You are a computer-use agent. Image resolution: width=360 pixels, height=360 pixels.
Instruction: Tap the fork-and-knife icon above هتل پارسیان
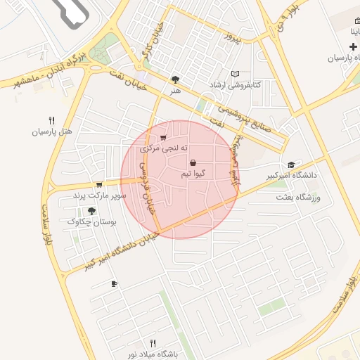click(x=51, y=120)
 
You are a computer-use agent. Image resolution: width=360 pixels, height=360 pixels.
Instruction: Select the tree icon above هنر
click(x=175, y=79)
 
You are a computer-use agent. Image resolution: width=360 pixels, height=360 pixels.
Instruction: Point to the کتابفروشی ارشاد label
click(x=235, y=84)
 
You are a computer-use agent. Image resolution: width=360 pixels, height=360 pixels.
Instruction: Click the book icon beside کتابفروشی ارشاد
click(x=235, y=74)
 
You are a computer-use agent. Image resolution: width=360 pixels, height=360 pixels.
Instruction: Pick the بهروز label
click(x=231, y=37)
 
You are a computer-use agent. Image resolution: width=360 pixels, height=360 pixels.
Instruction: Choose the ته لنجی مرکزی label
click(x=164, y=148)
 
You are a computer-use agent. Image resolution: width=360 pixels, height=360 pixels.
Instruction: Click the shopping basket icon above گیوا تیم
click(x=193, y=162)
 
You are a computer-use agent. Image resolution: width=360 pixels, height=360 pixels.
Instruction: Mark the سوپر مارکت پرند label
click(x=99, y=195)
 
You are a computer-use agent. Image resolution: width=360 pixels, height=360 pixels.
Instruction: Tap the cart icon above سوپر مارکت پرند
click(x=99, y=184)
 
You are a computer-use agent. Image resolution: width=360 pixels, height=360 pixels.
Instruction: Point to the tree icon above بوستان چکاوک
click(x=91, y=210)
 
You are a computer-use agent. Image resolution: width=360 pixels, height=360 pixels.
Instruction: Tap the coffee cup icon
click(x=114, y=283)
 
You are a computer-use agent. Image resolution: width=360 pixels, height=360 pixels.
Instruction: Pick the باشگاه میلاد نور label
click(x=153, y=354)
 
